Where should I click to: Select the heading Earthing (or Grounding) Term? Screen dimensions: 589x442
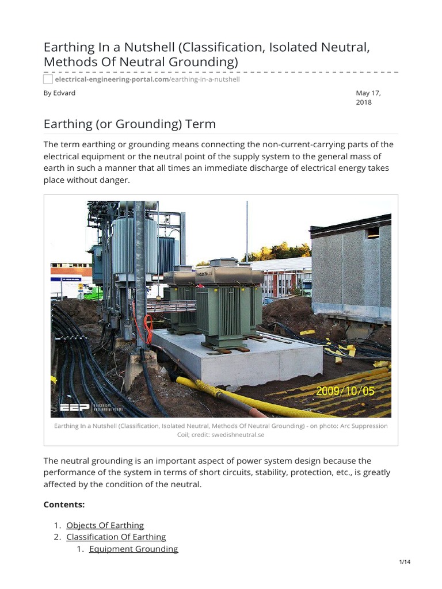129,124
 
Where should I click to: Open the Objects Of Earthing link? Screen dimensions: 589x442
105,525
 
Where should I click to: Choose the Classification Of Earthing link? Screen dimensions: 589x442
116,537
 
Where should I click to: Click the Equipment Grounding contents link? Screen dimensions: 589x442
134,549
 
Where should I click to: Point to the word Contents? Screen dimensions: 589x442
64,504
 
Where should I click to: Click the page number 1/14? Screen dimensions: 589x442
405,562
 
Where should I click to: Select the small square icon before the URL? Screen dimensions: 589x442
48,79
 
